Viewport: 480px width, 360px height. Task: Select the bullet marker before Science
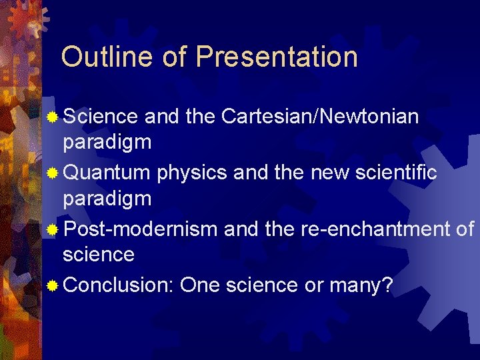[53, 117]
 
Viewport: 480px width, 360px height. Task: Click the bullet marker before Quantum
[53, 173]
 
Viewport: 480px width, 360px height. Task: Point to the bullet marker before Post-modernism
[53, 230]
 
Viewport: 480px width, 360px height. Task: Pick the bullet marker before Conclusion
[53, 286]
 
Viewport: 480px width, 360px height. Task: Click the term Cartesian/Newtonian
[319, 117]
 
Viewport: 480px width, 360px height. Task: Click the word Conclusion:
[119, 286]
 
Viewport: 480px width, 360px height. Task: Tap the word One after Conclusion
[200, 286]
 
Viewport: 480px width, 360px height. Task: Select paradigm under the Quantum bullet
[107, 199]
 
